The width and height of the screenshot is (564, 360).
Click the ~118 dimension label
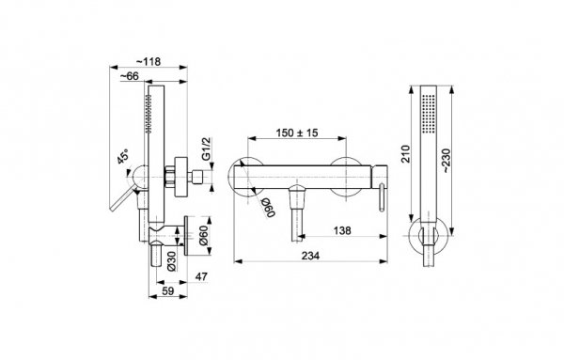click(149, 61)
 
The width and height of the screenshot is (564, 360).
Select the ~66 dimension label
click(129, 76)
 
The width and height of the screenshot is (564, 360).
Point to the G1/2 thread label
click(206, 149)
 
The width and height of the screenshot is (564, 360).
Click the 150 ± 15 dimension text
click(297, 133)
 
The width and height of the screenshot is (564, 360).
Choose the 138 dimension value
click(342, 230)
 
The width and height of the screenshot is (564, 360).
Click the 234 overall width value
click(310, 256)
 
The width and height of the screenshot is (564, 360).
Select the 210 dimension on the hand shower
click(405, 154)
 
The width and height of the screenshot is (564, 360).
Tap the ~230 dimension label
click(446, 160)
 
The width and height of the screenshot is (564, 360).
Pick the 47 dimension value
click(201, 276)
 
